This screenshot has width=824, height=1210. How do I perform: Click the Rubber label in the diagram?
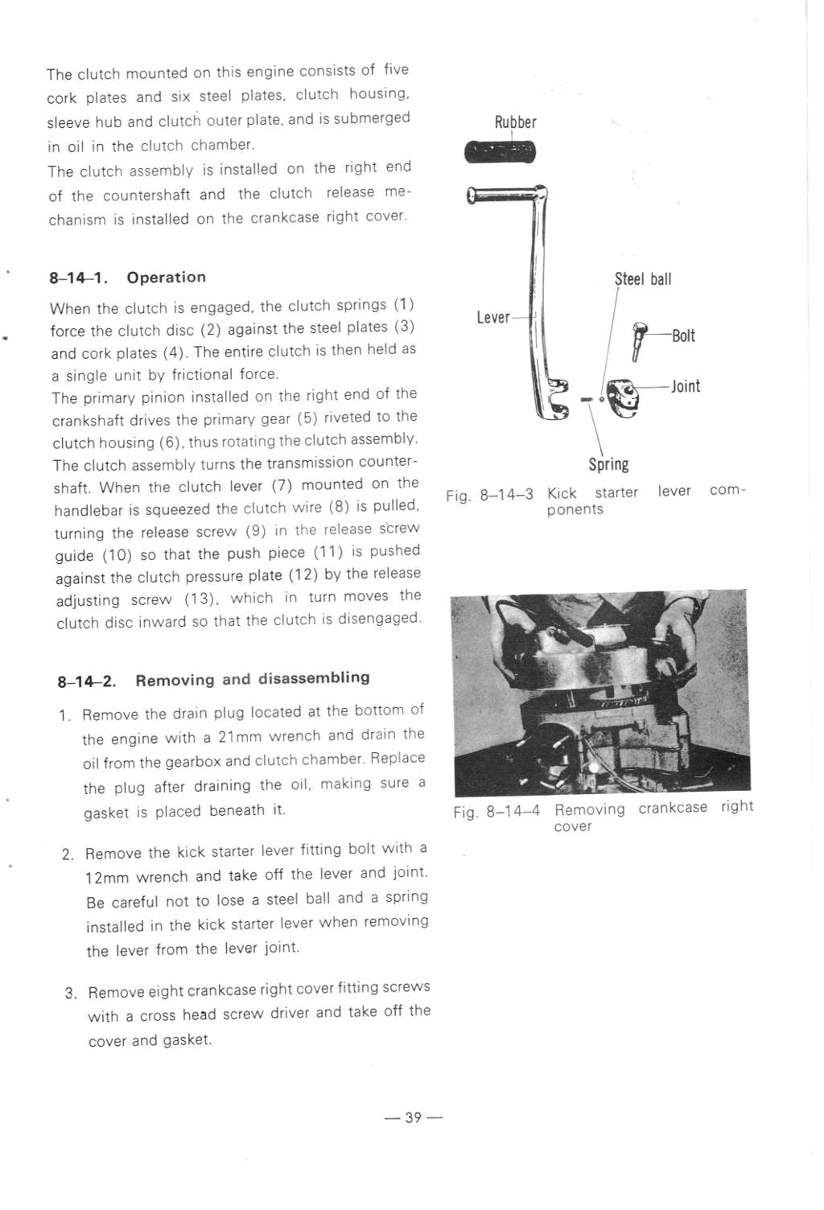click(516, 122)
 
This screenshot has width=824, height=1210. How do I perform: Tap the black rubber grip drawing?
click(500, 151)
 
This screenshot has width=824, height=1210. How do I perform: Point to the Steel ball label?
click(643, 279)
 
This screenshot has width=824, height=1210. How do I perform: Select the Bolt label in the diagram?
click(683, 336)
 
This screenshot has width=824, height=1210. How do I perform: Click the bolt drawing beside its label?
click(639, 341)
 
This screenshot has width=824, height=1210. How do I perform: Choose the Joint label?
click(686, 386)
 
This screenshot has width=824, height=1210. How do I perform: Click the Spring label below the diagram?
click(608, 464)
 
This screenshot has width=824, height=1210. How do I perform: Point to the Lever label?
click(493, 317)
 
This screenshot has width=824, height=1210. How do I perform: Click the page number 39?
click(414, 1117)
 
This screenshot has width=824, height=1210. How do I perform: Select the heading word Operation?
click(167, 277)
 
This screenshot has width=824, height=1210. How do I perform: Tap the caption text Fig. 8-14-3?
click(489, 495)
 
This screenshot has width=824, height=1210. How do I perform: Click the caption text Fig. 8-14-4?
click(496, 812)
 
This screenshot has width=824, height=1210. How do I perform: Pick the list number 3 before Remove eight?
click(69, 994)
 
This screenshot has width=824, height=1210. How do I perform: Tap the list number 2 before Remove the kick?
click(68, 854)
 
